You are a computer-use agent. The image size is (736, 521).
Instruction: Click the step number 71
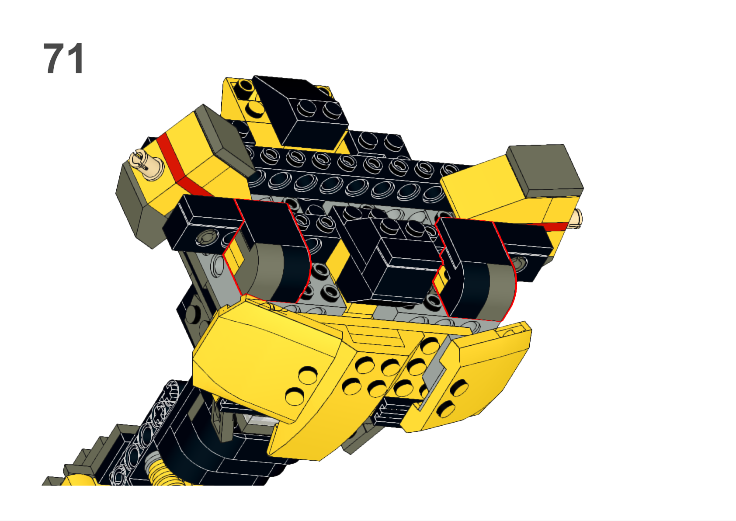pos(63,59)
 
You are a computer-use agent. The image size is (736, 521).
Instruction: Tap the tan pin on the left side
pos(146,165)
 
